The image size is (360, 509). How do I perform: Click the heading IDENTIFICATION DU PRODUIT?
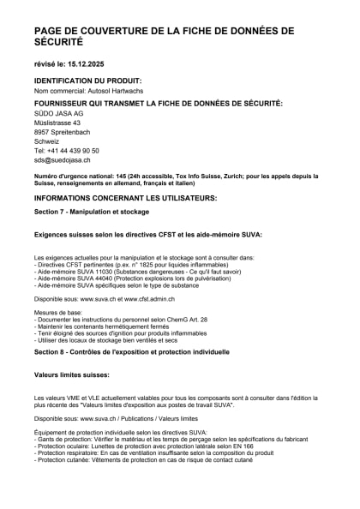pyautogui.click(x=89, y=81)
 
